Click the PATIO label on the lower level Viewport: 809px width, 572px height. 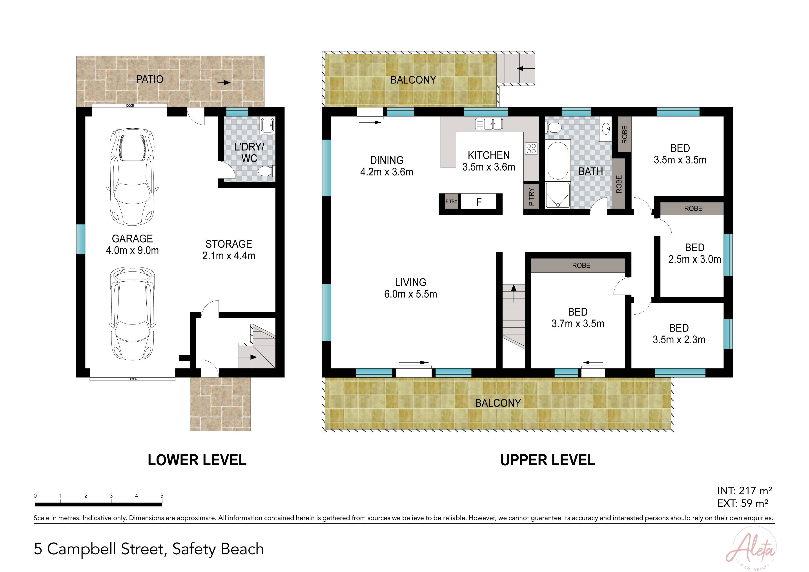tap(150, 79)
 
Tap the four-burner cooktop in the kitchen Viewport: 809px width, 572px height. tap(531, 148)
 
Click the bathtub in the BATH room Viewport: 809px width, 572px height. tap(558, 160)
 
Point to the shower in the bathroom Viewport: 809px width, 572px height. tap(558, 195)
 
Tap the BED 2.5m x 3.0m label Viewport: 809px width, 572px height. tap(694, 253)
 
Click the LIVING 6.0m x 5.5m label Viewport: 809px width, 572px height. tap(410, 288)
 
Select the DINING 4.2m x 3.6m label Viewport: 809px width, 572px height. tap(386, 166)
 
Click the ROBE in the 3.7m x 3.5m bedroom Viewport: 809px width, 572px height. tap(581, 265)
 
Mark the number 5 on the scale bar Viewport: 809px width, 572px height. tap(162, 495)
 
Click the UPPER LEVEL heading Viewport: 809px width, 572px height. tap(548, 460)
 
